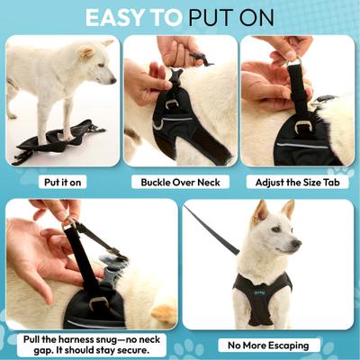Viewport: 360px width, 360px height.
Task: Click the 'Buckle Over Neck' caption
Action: click(x=180, y=181)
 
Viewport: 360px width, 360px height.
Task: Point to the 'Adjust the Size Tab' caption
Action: click(x=297, y=181)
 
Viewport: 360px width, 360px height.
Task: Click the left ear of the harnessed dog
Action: click(x=260, y=212)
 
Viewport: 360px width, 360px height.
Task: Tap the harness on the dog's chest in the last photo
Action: click(x=260, y=297)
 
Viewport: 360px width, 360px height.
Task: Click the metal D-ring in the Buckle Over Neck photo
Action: click(x=172, y=103)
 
